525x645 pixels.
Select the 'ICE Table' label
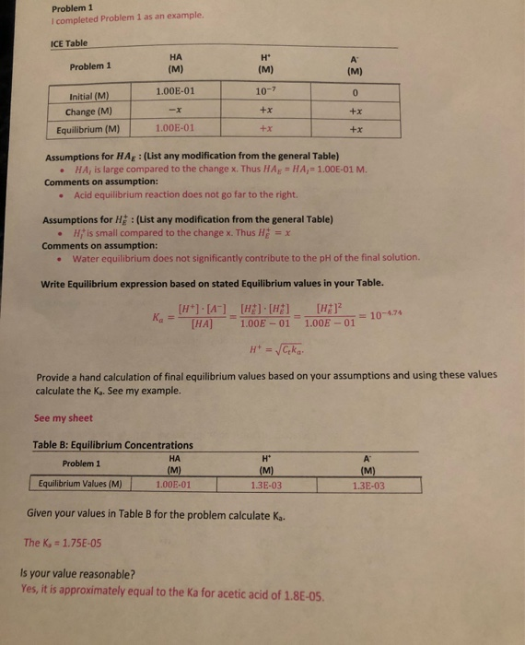pos(70,42)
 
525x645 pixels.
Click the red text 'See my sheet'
pos(63,417)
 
